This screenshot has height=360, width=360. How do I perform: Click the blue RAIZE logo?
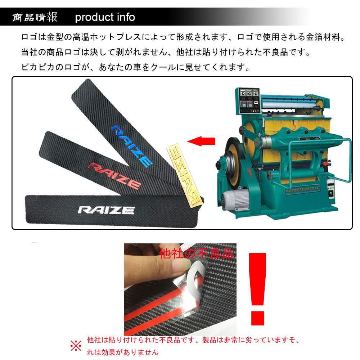point(131,145)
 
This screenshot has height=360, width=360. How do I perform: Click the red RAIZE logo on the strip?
point(115,175)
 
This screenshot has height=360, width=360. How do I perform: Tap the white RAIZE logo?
point(107,210)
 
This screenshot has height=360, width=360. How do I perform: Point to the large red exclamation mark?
point(257,288)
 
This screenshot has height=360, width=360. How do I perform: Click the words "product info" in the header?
point(105,17)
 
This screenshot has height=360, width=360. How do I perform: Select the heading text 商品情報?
point(35,17)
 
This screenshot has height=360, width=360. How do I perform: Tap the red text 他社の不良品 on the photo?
point(196,253)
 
